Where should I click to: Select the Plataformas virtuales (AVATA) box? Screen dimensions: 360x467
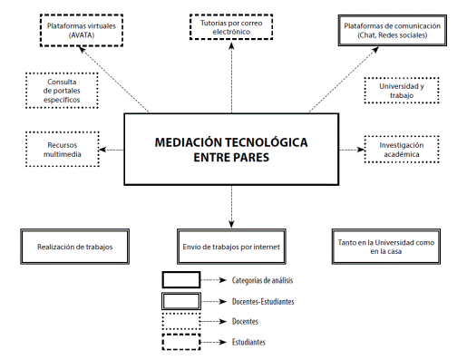click(83, 31)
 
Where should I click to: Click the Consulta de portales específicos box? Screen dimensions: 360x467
click(62, 91)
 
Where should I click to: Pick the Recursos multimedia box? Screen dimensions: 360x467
click(62, 151)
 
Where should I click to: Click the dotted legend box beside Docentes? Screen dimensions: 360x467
click(181, 321)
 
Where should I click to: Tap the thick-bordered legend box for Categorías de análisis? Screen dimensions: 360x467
click(181, 280)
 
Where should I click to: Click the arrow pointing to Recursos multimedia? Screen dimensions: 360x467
click(112, 150)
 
